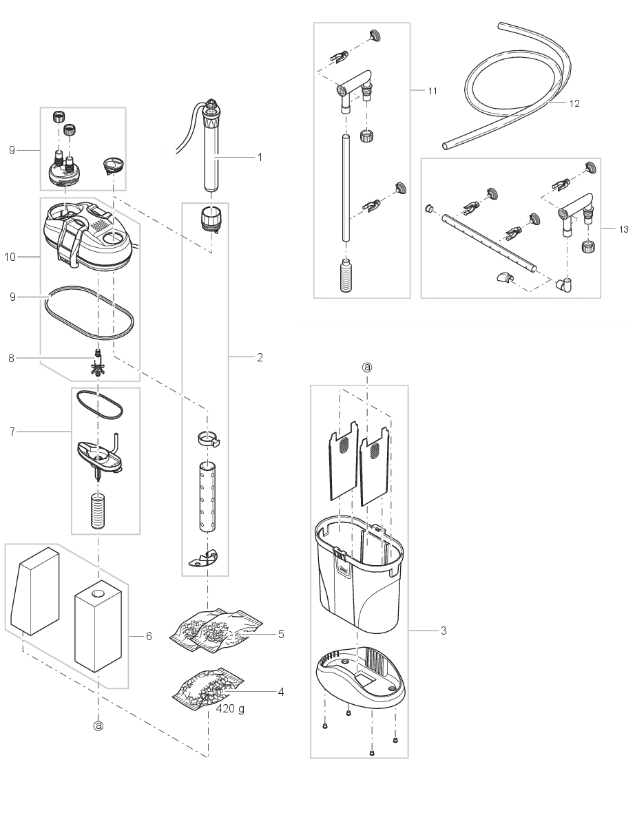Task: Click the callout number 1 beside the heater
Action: point(260,157)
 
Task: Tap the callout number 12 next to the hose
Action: point(574,103)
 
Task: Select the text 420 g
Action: point(230,708)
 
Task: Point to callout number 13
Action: point(623,229)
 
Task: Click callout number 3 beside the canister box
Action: point(443,631)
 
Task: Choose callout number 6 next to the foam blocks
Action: point(149,637)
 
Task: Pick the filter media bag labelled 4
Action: point(207,688)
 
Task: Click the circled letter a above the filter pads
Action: point(367,368)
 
